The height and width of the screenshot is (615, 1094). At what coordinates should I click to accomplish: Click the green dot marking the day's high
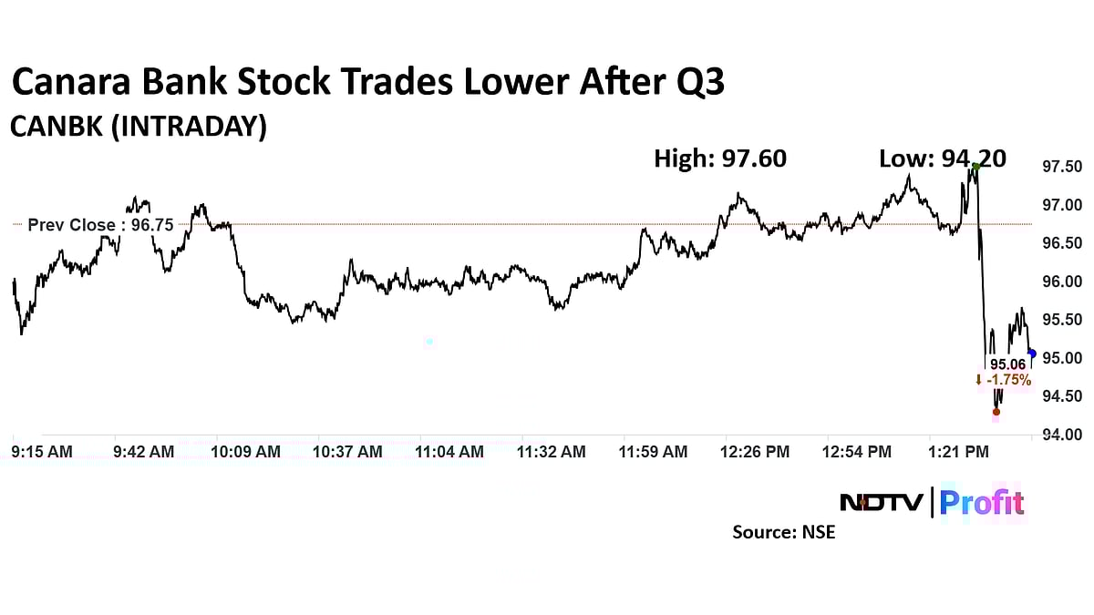coord(975,166)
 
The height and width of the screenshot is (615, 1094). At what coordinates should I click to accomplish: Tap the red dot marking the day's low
coord(996,412)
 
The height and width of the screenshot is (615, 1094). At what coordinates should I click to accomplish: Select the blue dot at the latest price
coord(1031,354)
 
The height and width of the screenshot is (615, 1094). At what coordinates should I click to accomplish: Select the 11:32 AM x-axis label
coord(552,451)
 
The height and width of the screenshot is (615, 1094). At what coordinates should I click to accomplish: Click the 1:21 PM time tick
coord(958,451)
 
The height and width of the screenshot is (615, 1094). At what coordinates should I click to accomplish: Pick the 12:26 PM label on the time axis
coord(756,451)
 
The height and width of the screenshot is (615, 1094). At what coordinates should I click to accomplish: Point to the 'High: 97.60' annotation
coord(720,159)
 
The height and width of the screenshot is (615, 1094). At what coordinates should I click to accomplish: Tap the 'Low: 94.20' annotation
coord(942,159)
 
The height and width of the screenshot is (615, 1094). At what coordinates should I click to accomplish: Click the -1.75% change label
coord(1003,380)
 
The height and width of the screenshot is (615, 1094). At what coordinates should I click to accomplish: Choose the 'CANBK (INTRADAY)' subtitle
coord(139,127)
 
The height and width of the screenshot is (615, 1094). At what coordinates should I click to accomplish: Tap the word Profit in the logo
coord(982,502)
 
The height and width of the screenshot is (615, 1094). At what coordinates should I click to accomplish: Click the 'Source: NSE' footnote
coord(783,532)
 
